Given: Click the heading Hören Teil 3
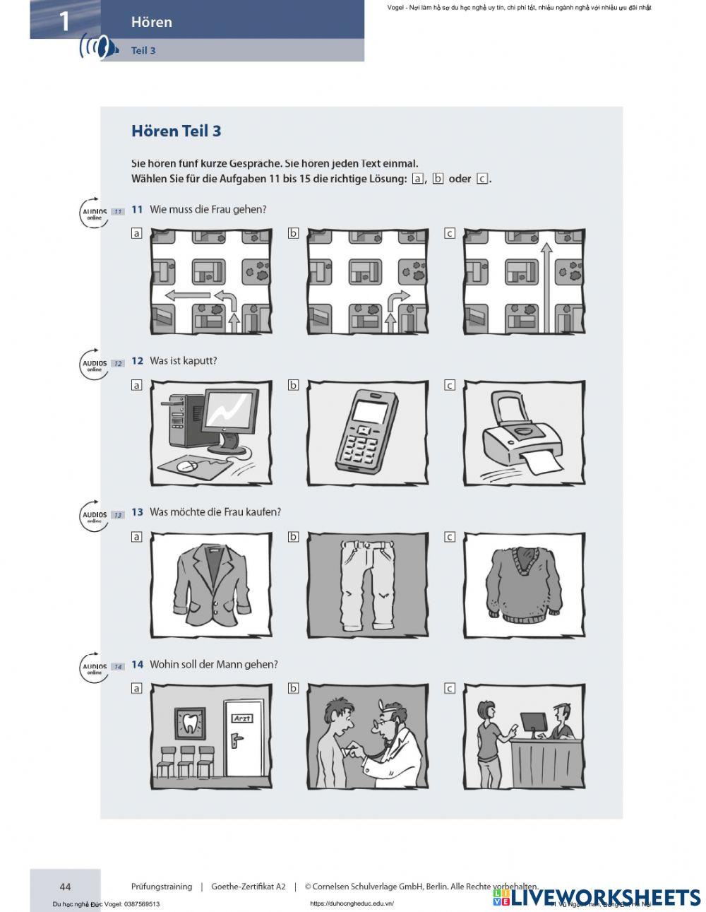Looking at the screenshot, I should (x=176, y=131).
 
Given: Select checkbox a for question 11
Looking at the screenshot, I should (x=136, y=233).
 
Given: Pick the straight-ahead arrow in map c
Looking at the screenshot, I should (x=545, y=279).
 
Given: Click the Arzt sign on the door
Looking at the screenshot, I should (x=241, y=718).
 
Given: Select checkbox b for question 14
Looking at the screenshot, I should (x=293, y=688).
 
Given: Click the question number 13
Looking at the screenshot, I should (x=137, y=512).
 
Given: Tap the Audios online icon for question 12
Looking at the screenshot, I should (x=94, y=365).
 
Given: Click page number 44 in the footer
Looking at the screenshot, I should (x=65, y=887).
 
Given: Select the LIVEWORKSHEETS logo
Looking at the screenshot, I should (x=597, y=897).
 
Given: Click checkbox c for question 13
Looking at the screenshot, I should (x=449, y=537).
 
